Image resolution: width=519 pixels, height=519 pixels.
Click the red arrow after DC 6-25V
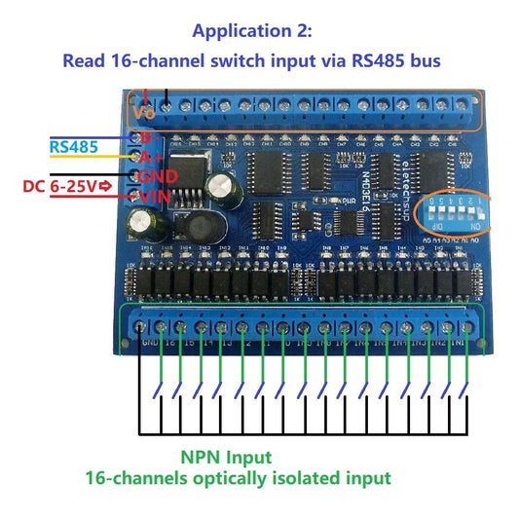[105, 185]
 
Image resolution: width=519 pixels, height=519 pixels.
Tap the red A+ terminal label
[150, 157]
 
